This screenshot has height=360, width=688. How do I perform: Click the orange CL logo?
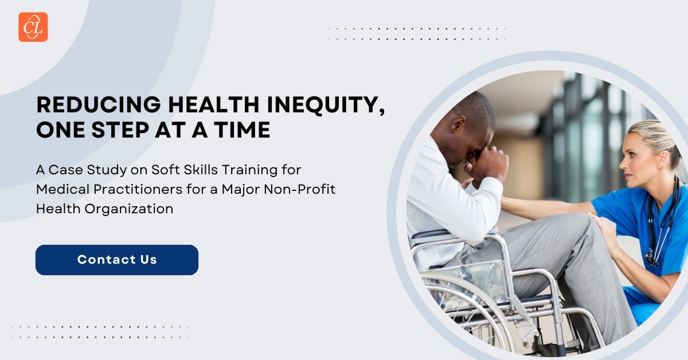click(x=33, y=27)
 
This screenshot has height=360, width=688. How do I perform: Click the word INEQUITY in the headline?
click(x=325, y=105)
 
